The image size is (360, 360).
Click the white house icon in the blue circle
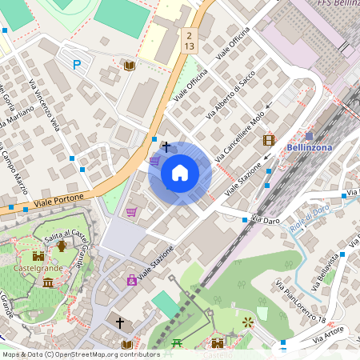pyautogui.click(x=180, y=172)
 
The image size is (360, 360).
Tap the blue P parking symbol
pyautogui.click(x=77, y=65)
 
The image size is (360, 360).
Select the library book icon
pyautogui.click(x=129, y=65)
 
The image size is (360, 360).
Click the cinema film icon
pyautogui.click(x=269, y=140)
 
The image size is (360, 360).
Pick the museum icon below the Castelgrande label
pyautogui.click(x=49, y=283)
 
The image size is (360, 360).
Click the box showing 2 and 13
pyautogui.click(x=189, y=41)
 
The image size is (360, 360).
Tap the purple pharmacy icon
pyautogui.click(x=132, y=280)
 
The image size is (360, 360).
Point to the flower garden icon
pyautogui.click(x=247, y=322)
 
